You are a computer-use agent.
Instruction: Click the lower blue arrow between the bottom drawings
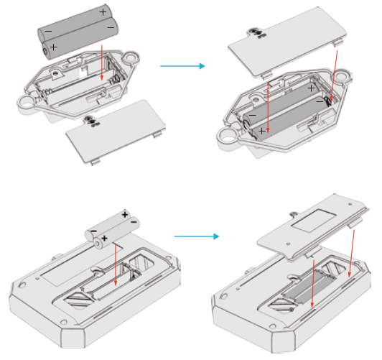pyautogui.click(x=196, y=236)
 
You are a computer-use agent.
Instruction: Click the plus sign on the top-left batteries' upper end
pyautogui.click(x=103, y=12)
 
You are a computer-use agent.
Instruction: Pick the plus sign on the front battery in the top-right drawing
pyautogui.click(x=262, y=131)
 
